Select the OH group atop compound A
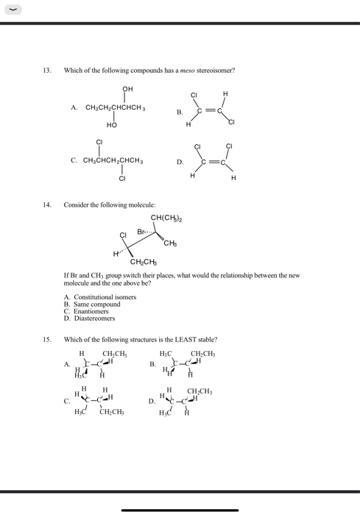pos(127,91)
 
